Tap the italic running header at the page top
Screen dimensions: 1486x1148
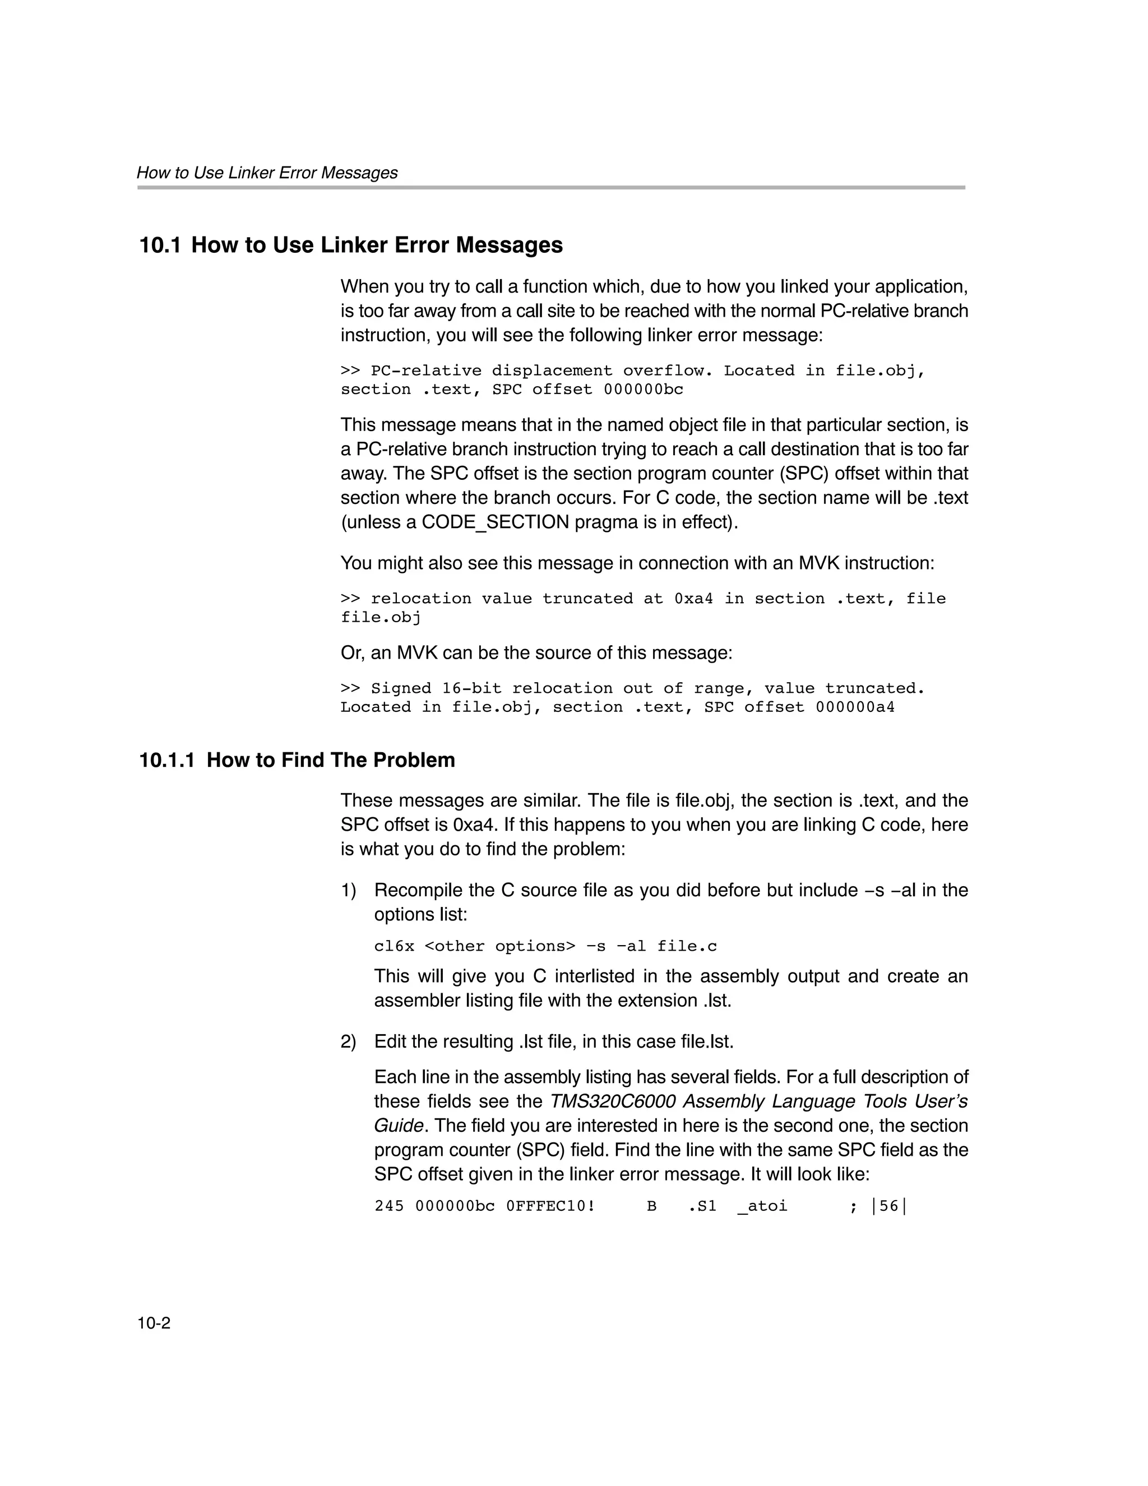point(267,173)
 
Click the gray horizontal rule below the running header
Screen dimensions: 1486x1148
point(550,187)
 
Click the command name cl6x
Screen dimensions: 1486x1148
point(394,946)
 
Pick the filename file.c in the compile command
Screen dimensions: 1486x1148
point(687,946)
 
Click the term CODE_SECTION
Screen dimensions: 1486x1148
point(495,522)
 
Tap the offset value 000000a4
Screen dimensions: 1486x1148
point(855,707)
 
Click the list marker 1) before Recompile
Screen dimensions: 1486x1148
point(349,890)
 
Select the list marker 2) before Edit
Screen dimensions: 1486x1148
point(349,1041)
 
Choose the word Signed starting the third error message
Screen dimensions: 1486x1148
point(401,688)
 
